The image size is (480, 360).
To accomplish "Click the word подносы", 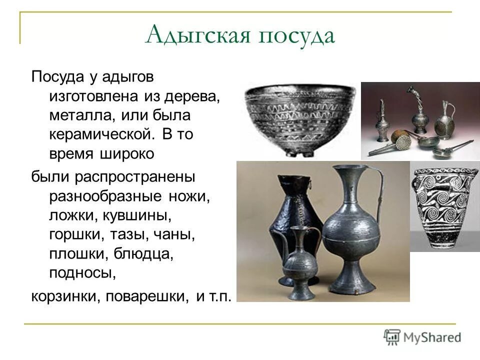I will click(x=82, y=273).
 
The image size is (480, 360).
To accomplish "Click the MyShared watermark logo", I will click(x=422, y=337).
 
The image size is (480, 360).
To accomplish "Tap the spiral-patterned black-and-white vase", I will click(x=444, y=206).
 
